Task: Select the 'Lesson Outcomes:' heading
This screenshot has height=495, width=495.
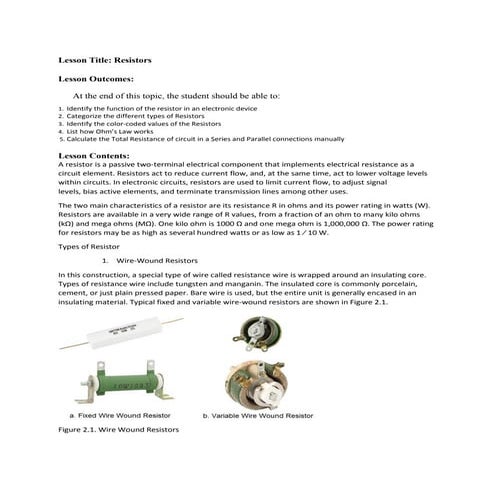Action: [x=96, y=78]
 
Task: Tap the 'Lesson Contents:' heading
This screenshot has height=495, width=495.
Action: [x=94, y=157]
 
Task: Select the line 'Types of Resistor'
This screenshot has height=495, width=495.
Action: [x=89, y=245]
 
